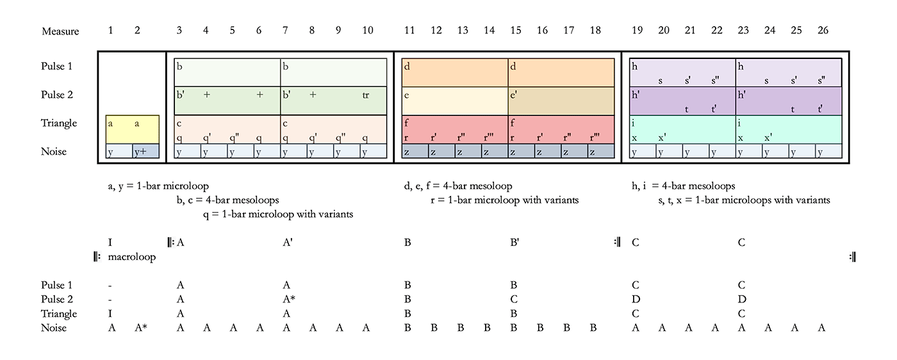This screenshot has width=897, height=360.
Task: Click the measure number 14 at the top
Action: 490,31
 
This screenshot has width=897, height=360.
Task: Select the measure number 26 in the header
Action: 823,31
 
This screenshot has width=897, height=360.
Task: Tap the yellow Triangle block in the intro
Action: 133,129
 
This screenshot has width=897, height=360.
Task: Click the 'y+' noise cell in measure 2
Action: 146,152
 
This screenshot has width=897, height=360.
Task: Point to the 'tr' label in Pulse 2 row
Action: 366,95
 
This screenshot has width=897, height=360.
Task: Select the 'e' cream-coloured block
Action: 455,100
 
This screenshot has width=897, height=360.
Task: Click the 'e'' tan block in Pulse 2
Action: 561,100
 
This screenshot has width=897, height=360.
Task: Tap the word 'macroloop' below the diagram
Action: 132,257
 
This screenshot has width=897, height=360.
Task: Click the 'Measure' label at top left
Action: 60,31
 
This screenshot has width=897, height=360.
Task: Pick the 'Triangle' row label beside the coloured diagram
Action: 60,123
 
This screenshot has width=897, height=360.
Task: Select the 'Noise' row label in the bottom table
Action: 54,328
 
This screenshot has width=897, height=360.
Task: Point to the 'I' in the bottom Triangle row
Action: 111,313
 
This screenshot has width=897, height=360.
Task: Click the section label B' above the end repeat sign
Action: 514,243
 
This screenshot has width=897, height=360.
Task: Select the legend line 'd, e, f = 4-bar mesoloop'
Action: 458,186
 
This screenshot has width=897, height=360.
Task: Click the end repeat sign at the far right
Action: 853,257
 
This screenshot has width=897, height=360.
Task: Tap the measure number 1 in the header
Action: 110,31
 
